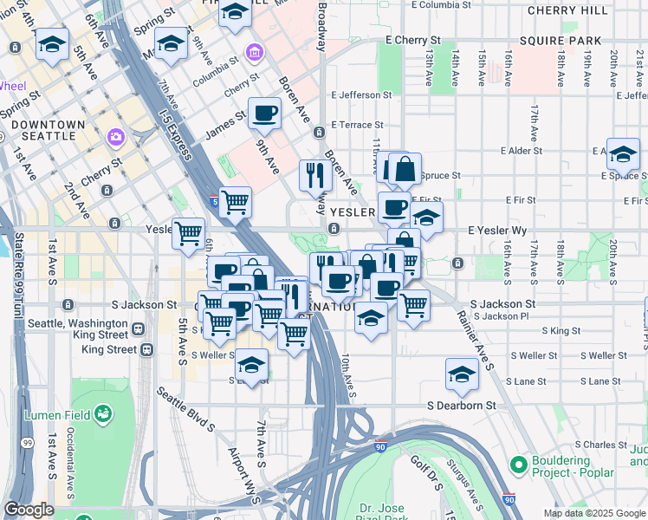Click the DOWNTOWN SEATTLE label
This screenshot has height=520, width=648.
point(49,131)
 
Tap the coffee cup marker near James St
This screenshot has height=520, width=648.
point(264,113)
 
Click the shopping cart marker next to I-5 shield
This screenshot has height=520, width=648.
point(236,204)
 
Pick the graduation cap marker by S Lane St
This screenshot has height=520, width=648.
point(462,375)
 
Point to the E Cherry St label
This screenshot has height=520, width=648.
point(413,41)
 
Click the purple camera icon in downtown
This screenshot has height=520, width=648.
point(114,137)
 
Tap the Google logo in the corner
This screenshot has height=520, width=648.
point(29,510)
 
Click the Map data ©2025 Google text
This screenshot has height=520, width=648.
point(594,513)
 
